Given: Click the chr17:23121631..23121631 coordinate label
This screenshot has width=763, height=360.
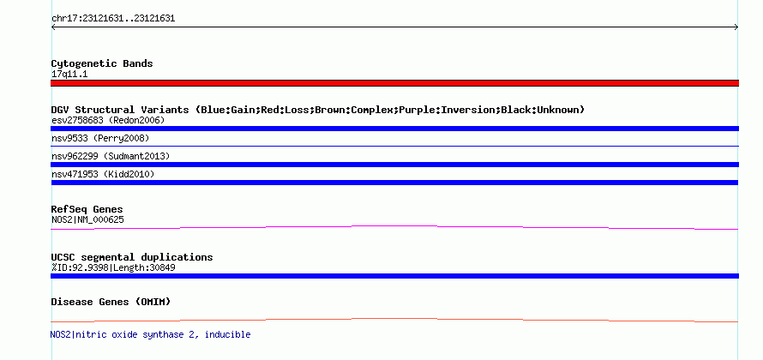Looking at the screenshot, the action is [x=113, y=19].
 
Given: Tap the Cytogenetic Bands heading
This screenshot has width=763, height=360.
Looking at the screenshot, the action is [x=102, y=63].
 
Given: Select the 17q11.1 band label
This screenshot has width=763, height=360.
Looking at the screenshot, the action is [x=69, y=75].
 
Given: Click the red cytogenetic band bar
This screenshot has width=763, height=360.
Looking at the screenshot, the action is [x=394, y=83].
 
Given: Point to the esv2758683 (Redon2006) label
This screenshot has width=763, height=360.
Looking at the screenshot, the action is [x=108, y=120].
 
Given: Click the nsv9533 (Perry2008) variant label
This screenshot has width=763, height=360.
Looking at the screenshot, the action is [x=100, y=138].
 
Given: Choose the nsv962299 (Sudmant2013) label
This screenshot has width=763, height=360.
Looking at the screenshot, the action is [x=111, y=156].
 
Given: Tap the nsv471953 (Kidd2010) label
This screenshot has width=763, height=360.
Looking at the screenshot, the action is [x=103, y=174].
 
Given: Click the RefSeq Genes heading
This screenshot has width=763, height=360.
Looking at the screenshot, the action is [x=87, y=209].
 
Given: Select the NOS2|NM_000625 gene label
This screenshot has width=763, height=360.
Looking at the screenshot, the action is [x=87, y=219].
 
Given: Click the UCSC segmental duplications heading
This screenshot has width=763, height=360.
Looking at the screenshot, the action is [x=132, y=257].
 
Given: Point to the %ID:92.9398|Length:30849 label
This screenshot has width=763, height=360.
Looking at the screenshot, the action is [x=113, y=267].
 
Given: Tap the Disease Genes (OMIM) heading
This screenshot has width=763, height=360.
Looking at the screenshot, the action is [x=111, y=302].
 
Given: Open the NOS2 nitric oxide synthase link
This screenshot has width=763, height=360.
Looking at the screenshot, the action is [x=150, y=334].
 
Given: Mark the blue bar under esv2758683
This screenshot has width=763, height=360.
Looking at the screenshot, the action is [x=394, y=129].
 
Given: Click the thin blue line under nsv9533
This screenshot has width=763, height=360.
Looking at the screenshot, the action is [x=394, y=146].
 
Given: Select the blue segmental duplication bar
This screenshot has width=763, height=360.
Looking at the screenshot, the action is [x=394, y=276].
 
